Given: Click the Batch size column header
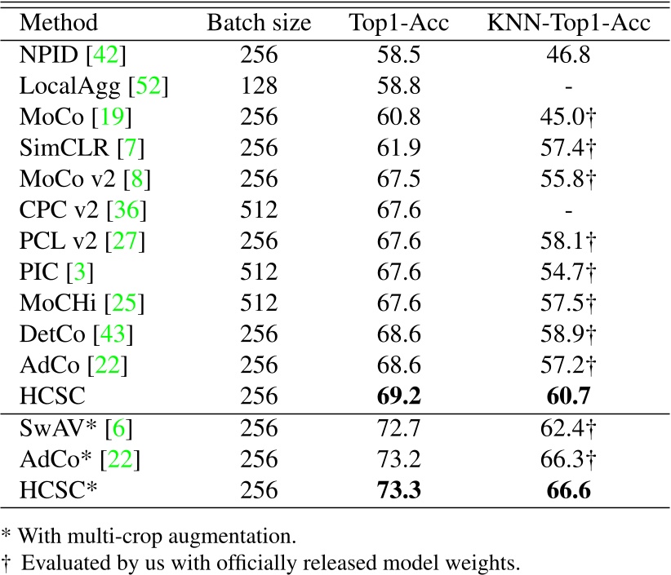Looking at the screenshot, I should (259, 23).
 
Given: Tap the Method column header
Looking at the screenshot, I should (59, 23).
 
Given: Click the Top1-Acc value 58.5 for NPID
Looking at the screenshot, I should (400, 55).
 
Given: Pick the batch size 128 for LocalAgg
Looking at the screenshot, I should (259, 86).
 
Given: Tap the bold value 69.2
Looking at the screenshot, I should (400, 396).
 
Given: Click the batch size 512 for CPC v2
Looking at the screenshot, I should (259, 210).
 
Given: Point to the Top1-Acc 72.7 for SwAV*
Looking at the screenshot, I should (400, 429).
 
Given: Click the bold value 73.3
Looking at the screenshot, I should (400, 491).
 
